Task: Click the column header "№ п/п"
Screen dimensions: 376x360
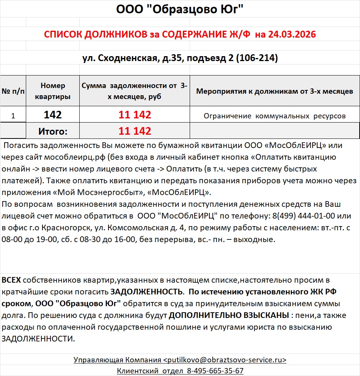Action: [x=13, y=91]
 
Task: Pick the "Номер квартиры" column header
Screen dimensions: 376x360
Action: [x=53, y=91]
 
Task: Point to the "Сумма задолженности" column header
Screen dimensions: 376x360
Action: [x=135, y=91]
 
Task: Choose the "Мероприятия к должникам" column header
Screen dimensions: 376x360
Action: [x=275, y=91]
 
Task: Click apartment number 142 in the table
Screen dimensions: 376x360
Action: [x=53, y=115]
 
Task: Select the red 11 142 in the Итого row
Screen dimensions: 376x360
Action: [x=135, y=131]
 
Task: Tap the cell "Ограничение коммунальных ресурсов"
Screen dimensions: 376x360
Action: [x=275, y=116]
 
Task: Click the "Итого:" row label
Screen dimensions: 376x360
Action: [x=53, y=131]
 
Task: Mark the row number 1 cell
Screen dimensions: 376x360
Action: [x=13, y=116]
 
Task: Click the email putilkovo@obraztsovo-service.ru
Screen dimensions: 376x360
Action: [x=225, y=360]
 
